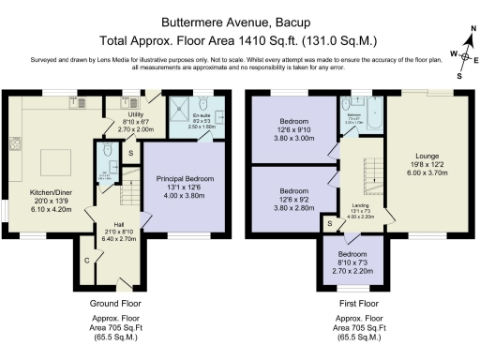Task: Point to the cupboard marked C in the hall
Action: pos(86,259)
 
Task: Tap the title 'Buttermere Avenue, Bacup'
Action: pos(239,19)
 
